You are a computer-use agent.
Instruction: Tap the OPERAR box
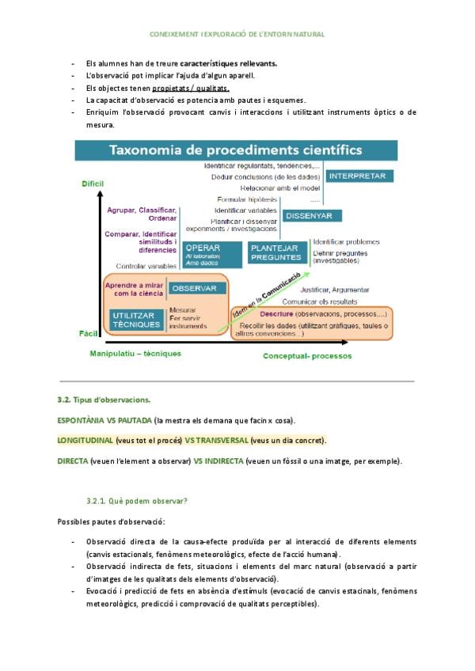211,252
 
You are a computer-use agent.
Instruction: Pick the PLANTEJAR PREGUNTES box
276,252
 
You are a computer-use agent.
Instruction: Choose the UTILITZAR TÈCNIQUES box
136,320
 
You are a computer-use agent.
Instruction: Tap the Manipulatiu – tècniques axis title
135,353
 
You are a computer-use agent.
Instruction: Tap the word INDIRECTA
222,461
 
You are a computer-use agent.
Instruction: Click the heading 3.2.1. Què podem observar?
137,502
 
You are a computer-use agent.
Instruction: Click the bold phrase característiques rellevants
229,63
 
